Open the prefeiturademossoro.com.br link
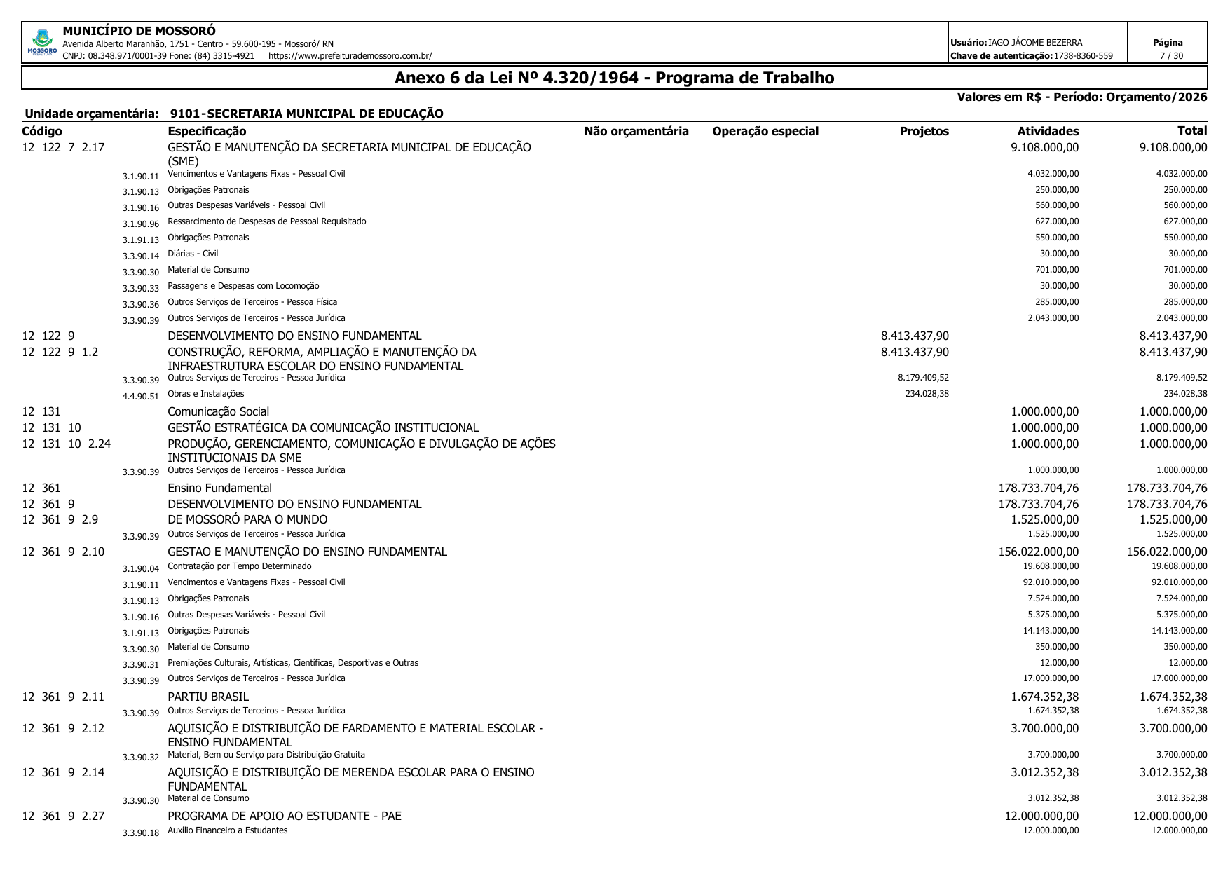pos(350,56)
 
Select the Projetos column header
pos(924,131)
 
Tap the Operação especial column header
pos(765,131)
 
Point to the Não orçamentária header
pos(636,131)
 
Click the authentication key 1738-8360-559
pos(1084,56)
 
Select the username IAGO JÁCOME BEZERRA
pos(1035,43)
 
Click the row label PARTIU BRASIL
pos(208,697)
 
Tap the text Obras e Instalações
pos(206,394)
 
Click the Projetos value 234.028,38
pos(927,394)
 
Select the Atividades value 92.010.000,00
pos(1051,582)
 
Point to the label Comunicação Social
pos(218,412)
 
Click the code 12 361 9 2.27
pos(63,816)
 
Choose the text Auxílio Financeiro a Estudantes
pos(228,830)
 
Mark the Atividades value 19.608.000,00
pos(1051,566)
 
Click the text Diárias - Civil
pos(193,254)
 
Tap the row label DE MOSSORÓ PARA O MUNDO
pos(247,519)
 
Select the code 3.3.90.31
pos(141,665)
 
